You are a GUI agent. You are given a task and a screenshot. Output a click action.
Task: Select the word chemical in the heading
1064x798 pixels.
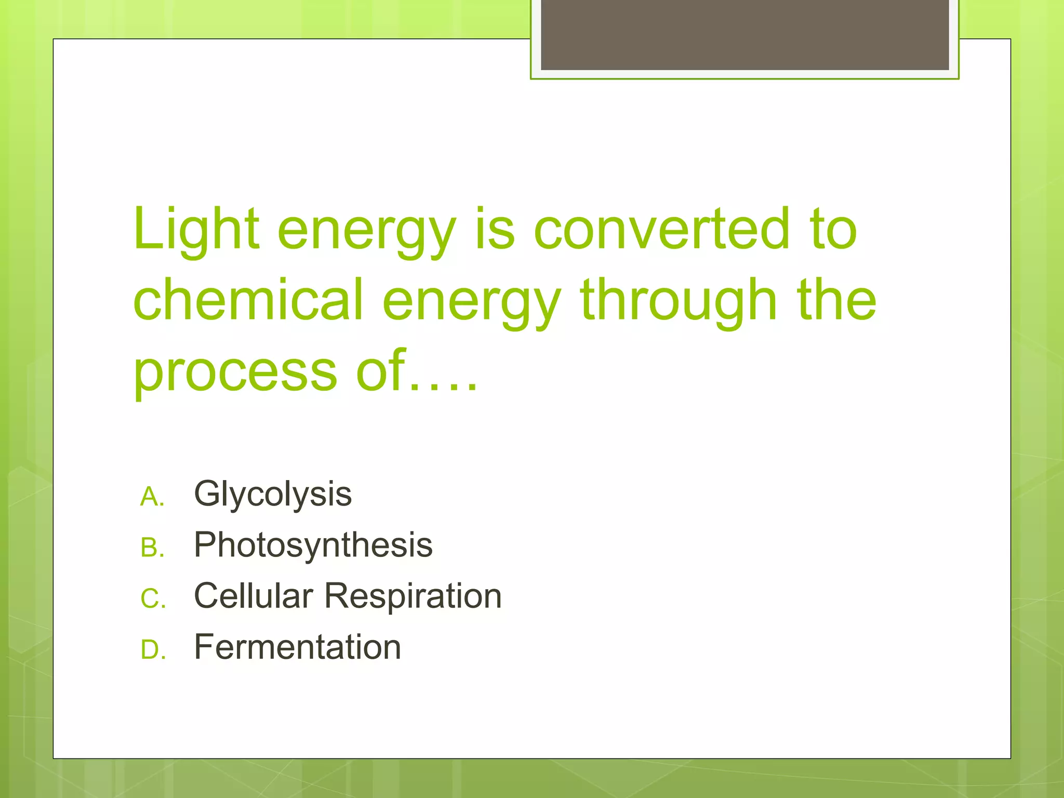pos(248,300)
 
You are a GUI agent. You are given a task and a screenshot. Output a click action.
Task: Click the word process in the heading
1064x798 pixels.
pos(235,371)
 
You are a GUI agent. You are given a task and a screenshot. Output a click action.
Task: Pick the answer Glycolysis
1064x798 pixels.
pos(273,494)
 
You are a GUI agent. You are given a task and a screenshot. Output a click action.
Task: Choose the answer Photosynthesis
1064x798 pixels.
pos(313,545)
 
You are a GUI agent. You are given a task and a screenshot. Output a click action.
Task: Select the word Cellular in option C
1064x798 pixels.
pos(253,596)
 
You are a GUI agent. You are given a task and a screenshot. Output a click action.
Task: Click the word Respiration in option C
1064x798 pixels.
pos(413,596)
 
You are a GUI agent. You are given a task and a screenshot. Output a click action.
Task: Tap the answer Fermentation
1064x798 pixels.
pos(297,647)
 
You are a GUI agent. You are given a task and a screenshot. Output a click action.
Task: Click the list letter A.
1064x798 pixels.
pos(152,497)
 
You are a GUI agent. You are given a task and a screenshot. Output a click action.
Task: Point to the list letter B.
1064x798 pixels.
pos(152,548)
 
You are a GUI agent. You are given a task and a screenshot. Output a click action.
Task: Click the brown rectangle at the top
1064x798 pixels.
pos(744,34)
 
